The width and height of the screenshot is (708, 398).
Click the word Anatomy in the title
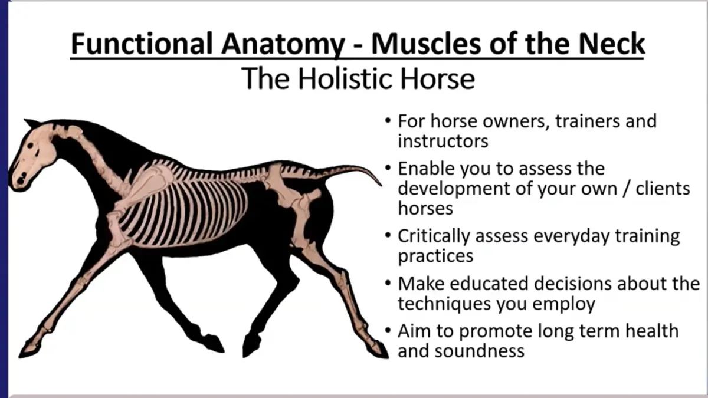point(283,45)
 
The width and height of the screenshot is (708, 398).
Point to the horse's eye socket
point(30,146)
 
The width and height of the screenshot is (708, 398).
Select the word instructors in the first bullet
point(443,141)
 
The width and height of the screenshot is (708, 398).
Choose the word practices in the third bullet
point(435,256)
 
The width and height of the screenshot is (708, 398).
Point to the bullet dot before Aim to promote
point(388,330)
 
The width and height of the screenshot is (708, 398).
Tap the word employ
point(563,304)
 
